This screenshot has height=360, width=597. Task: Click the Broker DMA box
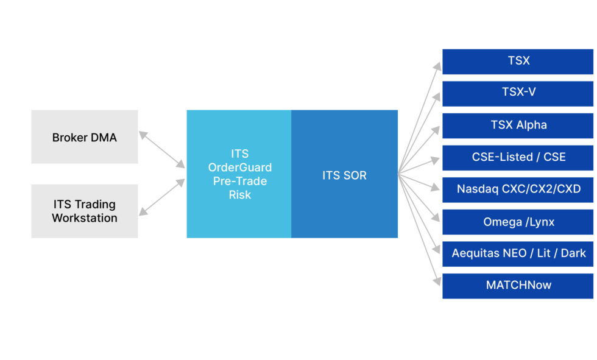click(x=84, y=137)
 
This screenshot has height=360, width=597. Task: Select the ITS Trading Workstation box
click(x=84, y=211)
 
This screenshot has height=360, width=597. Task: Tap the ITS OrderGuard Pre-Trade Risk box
click(x=239, y=174)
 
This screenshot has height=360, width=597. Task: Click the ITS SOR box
click(x=345, y=175)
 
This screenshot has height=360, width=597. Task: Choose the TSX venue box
click(x=518, y=61)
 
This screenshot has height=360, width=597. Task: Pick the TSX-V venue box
click(x=518, y=93)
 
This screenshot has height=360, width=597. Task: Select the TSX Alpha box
click(x=518, y=125)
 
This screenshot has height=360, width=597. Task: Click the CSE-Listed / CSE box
click(x=518, y=157)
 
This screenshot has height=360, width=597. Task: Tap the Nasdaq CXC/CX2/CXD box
click(x=518, y=189)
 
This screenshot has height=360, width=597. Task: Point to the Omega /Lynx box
click(x=518, y=222)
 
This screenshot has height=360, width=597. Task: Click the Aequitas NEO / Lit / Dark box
click(x=518, y=253)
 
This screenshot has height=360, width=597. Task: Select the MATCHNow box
click(x=518, y=285)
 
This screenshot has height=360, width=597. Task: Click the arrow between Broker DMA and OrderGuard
click(x=162, y=149)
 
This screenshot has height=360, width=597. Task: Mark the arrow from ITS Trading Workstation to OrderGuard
click(x=162, y=197)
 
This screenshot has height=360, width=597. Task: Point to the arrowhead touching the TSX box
click(x=437, y=64)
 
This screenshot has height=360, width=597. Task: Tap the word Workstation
click(x=85, y=218)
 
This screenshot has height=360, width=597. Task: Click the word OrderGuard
click(x=239, y=167)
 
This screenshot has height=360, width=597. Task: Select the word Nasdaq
click(x=478, y=189)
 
